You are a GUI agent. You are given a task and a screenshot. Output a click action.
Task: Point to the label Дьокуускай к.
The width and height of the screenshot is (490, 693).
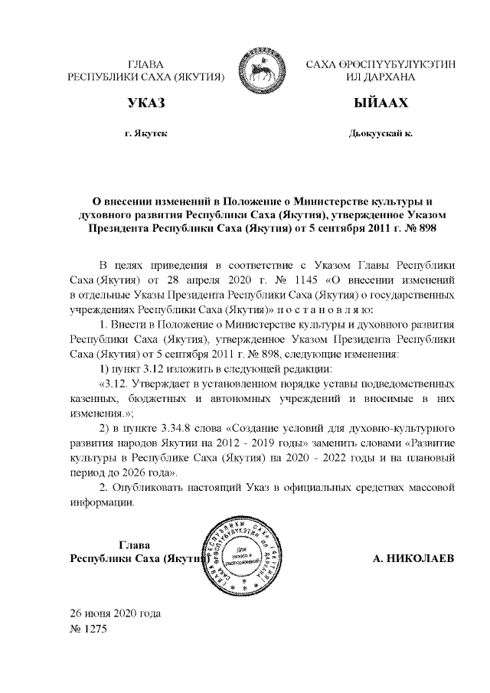click(380, 134)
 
